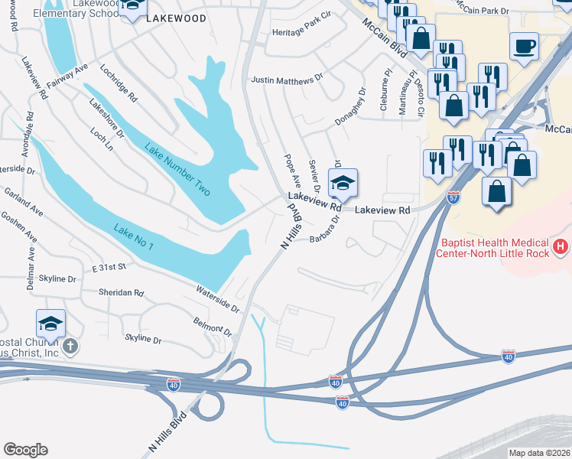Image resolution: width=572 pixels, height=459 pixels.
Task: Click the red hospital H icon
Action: tap(561, 246)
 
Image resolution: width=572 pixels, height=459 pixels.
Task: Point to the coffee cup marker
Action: tap(524, 46)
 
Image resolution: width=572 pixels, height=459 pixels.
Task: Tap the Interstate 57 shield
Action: tap(453, 197)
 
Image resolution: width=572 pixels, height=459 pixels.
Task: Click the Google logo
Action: tap(25, 450)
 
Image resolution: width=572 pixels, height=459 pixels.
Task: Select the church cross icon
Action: tap(70, 347)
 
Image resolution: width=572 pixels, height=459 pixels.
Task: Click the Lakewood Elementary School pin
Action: tap(132, 7)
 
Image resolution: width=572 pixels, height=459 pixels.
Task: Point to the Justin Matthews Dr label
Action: tap(288, 80)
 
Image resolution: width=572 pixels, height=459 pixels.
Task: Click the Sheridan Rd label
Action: tap(121, 292)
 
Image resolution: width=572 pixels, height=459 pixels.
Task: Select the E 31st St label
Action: tap(109, 268)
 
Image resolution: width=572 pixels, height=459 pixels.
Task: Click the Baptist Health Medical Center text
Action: tap(505, 247)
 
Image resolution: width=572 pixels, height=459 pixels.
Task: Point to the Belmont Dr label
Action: tap(212, 326)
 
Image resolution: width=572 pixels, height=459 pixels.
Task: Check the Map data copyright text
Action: tap(538, 452)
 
